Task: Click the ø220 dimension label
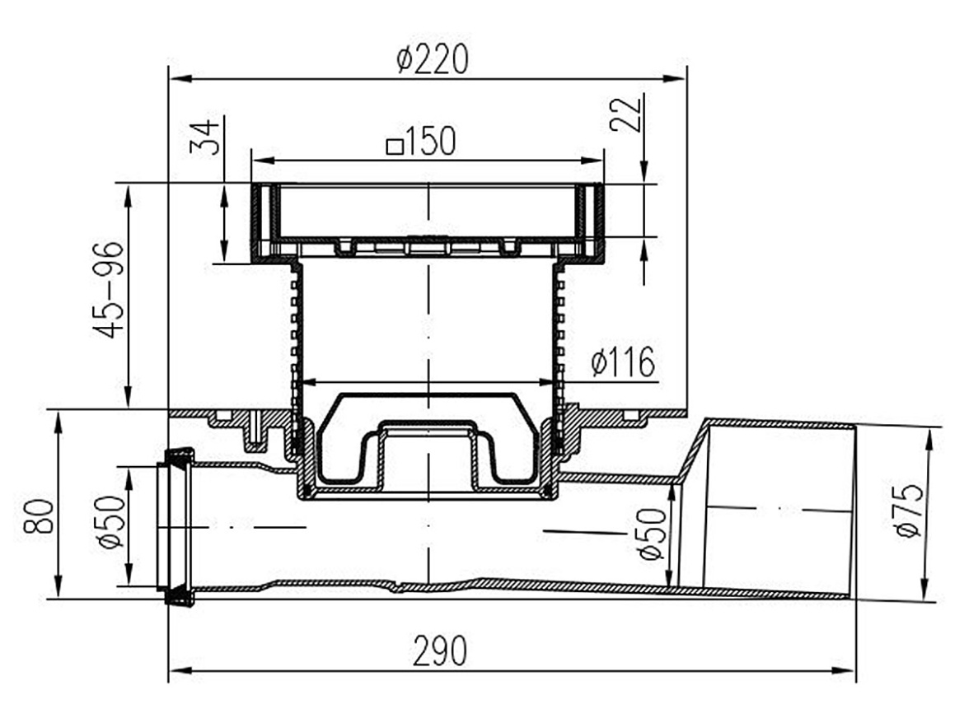(433, 59)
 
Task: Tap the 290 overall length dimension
(440, 651)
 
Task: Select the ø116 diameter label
(622, 361)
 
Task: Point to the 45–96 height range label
(108, 289)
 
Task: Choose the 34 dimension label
(204, 137)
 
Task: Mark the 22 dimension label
(625, 114)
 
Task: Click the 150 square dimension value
(430, 142)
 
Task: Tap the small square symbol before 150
(394, 147)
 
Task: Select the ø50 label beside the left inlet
(110, 522)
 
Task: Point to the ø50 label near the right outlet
(653, 534)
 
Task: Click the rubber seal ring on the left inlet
(177, 527)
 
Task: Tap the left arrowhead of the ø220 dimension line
(179, 79)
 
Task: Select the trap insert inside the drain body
(428, 437)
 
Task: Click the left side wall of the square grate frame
(261, 222)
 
